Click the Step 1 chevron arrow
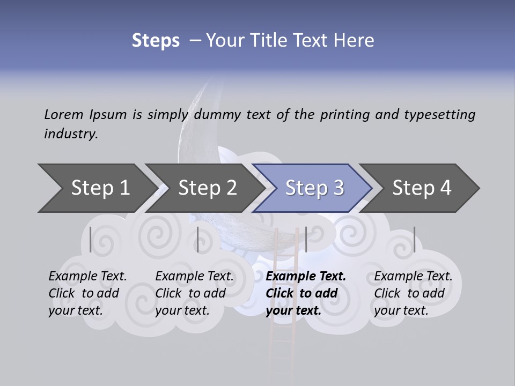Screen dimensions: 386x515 (x=97, y=188)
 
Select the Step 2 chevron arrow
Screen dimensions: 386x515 (x=204, y=188)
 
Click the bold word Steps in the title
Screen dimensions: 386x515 (x=156, y=40)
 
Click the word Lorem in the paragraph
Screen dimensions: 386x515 (x=64, y=114)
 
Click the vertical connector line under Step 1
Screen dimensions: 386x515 (x=91, y=239)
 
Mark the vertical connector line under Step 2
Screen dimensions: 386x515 (x=198, y=239)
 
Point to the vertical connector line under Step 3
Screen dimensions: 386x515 (x=306, y=239)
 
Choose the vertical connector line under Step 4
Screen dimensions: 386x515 (x=414, y=239)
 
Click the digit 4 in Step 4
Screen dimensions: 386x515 (x=445, y=188)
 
